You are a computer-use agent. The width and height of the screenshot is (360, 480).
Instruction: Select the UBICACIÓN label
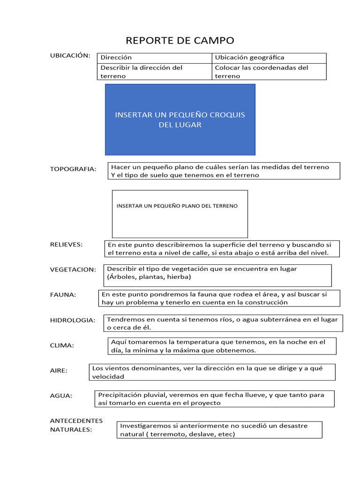point(70,55)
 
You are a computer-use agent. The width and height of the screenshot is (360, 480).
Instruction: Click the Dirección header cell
point(116,58)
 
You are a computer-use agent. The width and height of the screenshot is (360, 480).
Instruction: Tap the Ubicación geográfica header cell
point(249,58)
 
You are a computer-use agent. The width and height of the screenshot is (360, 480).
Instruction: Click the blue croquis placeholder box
point(180,120)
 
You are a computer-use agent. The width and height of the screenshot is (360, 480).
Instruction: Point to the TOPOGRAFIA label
point(73,169)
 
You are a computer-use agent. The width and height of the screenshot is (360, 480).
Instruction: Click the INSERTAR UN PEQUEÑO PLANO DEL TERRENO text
point(177,206)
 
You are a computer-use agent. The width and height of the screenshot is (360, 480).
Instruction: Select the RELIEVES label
point(66,244)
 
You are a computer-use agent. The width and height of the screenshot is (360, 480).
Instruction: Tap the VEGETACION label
point(73,270)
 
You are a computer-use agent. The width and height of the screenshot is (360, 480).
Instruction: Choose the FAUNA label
point(63,294)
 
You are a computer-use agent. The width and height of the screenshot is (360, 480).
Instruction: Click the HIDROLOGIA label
point(72,320)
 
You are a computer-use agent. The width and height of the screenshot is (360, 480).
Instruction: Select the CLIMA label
point(62,345)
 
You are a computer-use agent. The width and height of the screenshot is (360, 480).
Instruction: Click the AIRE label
point(59,370)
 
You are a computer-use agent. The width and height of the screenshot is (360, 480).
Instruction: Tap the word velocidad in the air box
point(108,376)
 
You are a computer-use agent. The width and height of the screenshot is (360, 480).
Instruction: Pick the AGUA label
point(61,396)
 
